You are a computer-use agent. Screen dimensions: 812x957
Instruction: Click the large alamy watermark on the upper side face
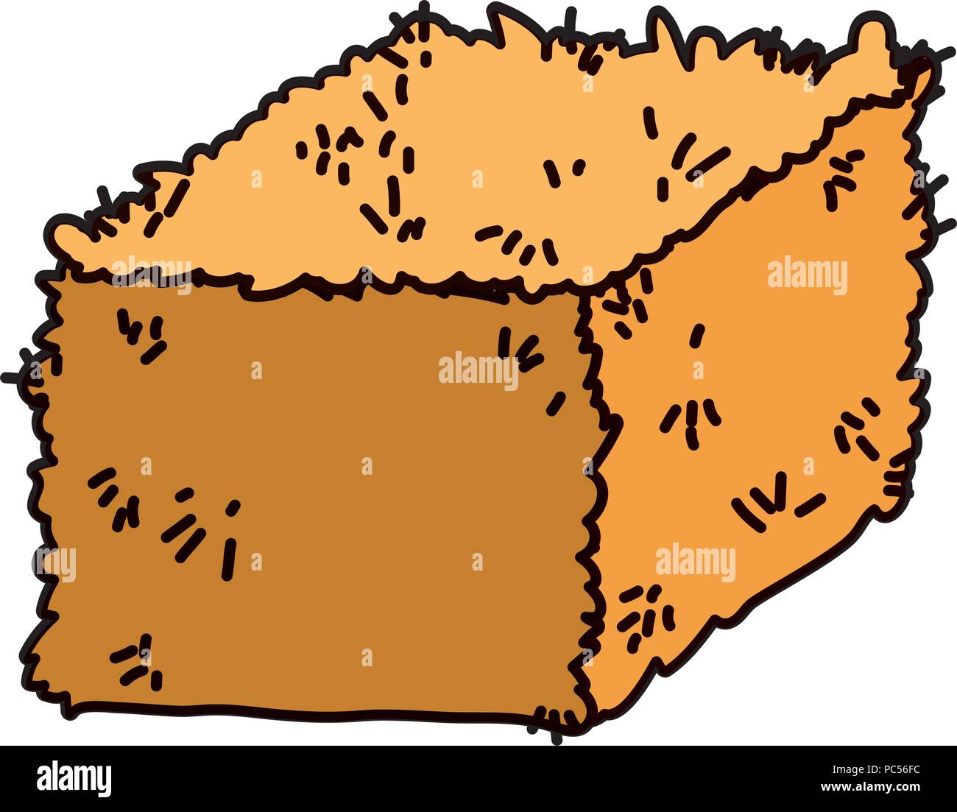pyautogui.click(x=807, y=275)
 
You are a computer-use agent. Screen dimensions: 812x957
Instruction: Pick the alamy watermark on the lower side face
pyautogui.click(x=695, y=563)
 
